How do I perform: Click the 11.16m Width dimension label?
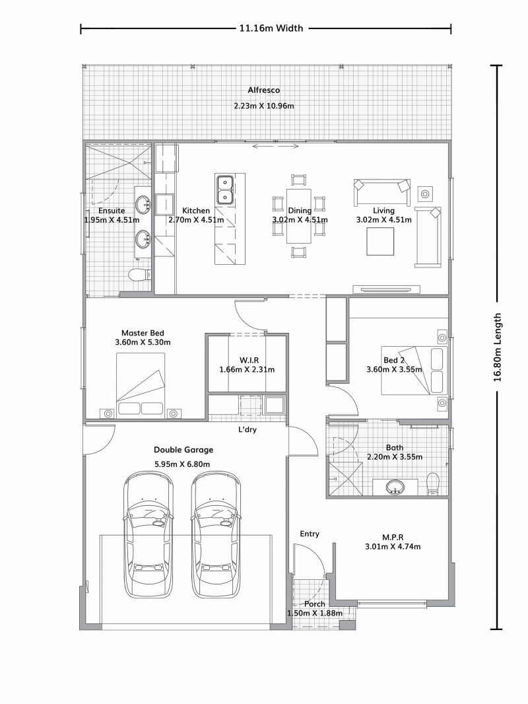(271, 28)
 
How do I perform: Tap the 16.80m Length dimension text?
(497, 347)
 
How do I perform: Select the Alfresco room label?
(264, 90)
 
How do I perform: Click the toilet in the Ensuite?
(139, 274)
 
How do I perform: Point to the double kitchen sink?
(224, 190)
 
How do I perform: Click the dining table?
(299, 216)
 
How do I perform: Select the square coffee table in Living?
(380, 242)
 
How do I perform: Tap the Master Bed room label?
(143, 333)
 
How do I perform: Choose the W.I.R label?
(249, 361)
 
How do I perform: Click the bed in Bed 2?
(414, 370)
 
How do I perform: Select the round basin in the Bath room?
(395, 486)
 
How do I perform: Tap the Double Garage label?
(183, 450)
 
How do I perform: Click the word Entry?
(310, 534)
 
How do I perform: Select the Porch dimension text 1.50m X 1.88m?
(315, 614)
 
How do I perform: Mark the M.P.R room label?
(393, 538)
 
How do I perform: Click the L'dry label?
(247, 430)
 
